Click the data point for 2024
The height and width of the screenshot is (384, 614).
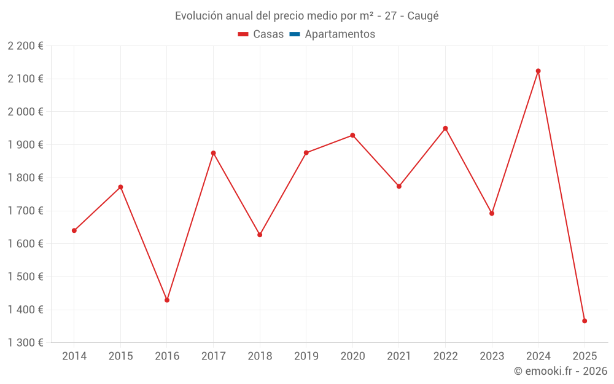[x=538, y=71]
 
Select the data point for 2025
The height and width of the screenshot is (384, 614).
[x=585, y=321]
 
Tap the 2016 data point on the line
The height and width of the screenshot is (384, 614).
[x=167, y=300]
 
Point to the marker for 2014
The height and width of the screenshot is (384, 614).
[x=74, y=230]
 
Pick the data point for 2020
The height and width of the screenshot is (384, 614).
[x=352, y=135]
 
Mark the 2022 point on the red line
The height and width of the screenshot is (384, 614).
[x=445, y=128]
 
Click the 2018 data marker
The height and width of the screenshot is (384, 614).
[x=260, y=235]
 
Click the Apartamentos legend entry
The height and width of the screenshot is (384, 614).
[x=340, y=34]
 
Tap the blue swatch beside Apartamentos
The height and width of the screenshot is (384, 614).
[x=294, y=34]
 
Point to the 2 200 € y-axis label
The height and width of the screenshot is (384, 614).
[x=25, y=46]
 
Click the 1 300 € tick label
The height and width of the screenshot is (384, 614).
[x=25, y=343]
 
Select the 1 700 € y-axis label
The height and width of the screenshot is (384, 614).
[x=25, y=211]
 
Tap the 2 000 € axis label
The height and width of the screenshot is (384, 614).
[x=25, y=112]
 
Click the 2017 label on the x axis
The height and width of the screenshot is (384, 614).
[x=213, y=356]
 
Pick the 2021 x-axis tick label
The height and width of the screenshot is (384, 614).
[x=398, y=356]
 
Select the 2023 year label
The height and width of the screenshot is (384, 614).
[x=491, y=356]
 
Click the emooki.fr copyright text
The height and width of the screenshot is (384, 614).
[x=561, y=371]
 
